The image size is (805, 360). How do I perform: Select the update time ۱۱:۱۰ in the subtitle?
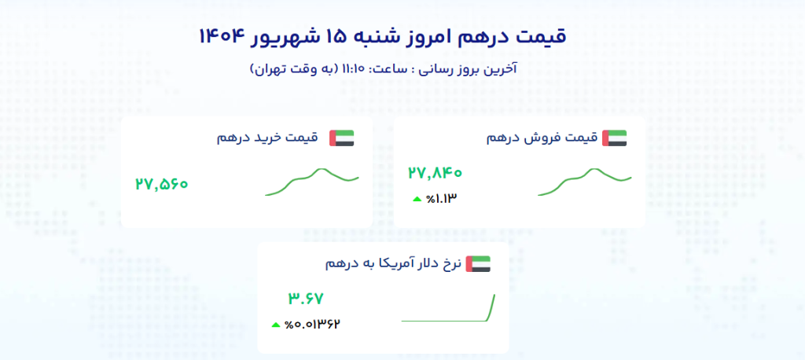pyautogui.click(x=351, y=69)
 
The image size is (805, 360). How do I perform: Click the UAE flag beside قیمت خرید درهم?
pyautogui.click(x=342, y=138)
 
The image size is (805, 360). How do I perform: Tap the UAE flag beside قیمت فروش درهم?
pyautogui.click(x=615, y=138)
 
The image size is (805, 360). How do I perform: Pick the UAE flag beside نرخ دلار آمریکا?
pyautogui.click(x=478, y=264)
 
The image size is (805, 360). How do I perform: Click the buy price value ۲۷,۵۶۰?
pyautogui.click(x=162, y=183)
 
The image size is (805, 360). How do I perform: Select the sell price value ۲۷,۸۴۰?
pyautogui.click(x=435, y=173)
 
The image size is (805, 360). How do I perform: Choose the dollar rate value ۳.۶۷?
pyautogui.click(x=305, y=299)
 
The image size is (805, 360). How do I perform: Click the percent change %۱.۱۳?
pyautogui.click(x=441, y=198)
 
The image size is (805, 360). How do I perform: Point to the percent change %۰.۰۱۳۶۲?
pyautogui.click(x=313, y=324)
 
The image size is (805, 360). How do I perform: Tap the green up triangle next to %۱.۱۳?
pyautogui.click(x=417, y=199)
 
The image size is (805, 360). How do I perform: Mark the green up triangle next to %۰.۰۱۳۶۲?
pyautogui.click(x=276, y=325)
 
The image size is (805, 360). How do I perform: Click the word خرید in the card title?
pyautogui.click(x=264, y=138)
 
